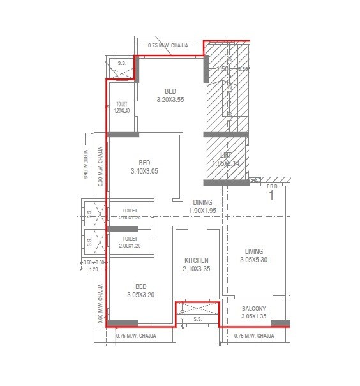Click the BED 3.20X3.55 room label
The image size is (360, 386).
(170, 95)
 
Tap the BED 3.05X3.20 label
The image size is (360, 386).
(140, 290)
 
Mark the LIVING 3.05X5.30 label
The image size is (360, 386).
(253, 255)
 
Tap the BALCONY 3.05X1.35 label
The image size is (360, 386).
(253, 312)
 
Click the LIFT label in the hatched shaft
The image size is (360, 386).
(225, 159)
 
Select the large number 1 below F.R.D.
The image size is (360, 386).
(271, 196)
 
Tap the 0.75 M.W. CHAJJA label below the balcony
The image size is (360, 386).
(254, 336)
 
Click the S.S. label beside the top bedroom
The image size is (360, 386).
(121, 63)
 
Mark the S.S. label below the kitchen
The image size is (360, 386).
(197, 319)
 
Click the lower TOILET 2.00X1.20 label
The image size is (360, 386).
(131, 242)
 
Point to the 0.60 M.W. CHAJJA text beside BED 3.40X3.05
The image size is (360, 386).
(101, 167)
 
